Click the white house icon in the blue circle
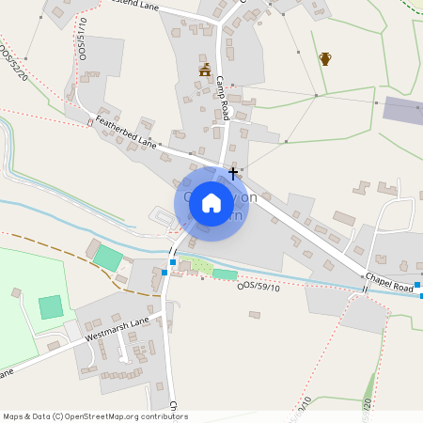(211, 202)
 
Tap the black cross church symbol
(233, 174)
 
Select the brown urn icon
(325, 59)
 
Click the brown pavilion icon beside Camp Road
(205, 70)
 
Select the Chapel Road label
(391, 285)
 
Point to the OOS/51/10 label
(82, 35)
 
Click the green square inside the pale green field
(51, 306)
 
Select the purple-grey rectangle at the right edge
(402, 108)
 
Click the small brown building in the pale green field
(17, 293)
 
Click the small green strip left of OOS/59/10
(225, 274)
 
